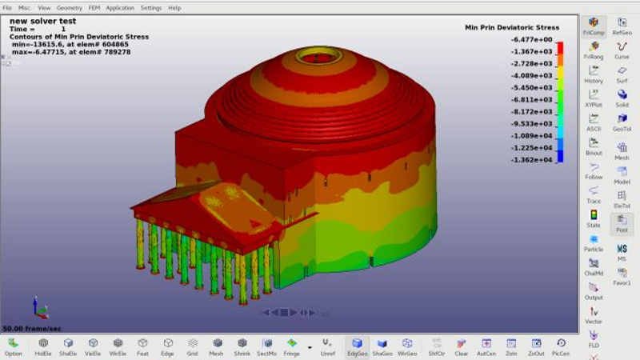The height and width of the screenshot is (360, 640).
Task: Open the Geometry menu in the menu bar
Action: tap(69, 8)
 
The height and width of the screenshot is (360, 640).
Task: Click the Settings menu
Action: tap(150, 8)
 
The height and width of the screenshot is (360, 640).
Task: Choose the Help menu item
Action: tap(174, 8)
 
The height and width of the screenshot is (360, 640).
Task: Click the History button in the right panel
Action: tap(594, 74)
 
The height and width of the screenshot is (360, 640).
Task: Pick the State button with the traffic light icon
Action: tap(594, 218)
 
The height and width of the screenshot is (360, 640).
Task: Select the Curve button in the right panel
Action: tap(622, 50)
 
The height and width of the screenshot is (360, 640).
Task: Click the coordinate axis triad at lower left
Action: tap(38, 308)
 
